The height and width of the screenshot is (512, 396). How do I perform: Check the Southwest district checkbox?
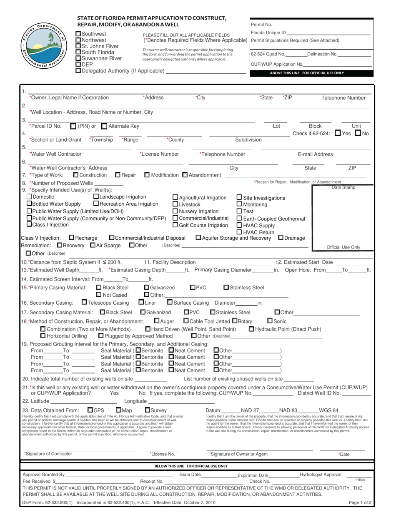tap(78, 34)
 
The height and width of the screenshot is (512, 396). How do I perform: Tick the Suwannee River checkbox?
tap(78, 58)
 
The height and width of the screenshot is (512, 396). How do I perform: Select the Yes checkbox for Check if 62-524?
tap(338, 133)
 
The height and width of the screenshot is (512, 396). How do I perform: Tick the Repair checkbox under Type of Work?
tap(118, 175)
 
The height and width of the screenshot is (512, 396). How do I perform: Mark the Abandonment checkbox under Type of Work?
tap(185, 175)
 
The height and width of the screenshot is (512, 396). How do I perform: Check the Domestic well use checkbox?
tap(29, 196)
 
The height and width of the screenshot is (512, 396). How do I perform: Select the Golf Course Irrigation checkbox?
tap(175, 225)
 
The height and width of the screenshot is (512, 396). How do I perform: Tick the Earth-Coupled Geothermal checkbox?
tap(239, 219)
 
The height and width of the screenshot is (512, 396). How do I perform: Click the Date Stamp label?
tap(343, 188)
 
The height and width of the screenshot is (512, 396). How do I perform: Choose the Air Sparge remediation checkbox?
tap(93, 245)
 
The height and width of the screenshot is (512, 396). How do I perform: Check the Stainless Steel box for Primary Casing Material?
tap(226, 287)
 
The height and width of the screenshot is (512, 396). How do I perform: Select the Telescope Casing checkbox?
tap(84, 302)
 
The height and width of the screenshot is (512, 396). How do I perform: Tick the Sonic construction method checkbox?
tap(270, 321)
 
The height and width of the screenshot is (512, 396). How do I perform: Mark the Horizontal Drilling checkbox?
tap(43, 336)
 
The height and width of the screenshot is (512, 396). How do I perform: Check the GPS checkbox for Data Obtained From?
tap(90, 410)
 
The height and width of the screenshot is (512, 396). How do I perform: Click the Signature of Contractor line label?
tap(48, 454)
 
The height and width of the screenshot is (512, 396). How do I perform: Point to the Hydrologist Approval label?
tap(320, 475)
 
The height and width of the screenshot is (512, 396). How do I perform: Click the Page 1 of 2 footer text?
tap(360, 502)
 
